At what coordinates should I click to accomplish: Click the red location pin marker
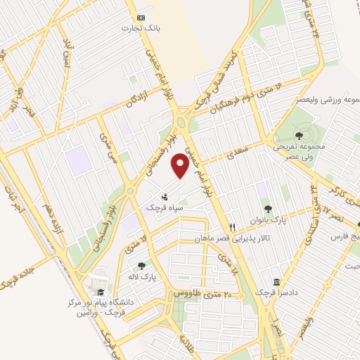click(x=181, y=167)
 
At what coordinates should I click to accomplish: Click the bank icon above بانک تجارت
click(x=143, y=17)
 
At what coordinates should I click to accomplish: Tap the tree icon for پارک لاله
click(x=142, y=266)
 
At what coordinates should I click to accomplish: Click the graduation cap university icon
click(x=101, y=292)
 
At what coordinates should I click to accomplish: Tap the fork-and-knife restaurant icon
click(x=233, y=228)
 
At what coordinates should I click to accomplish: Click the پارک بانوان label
click(x=267, y=220)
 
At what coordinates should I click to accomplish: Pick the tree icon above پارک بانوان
click(x=267, y=208)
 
